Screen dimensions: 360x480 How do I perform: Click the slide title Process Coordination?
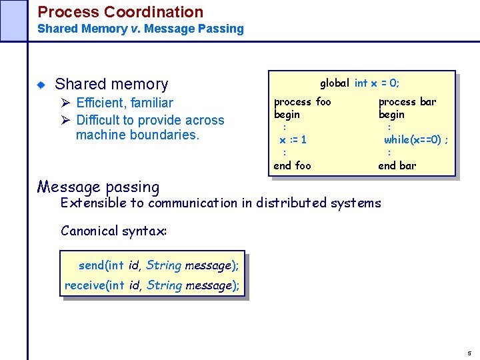click(120, 12)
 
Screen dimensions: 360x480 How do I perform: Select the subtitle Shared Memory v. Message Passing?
click(141, 29)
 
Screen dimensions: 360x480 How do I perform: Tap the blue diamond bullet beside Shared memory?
click(41, 85)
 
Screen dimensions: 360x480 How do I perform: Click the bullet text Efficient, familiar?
click(124, 103)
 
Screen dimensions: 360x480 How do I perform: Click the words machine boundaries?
click(137, 135)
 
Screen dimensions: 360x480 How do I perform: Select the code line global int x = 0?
click(359, 83)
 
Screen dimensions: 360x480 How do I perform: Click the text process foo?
click(302, 102)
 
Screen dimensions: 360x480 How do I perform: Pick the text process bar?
click(407, 102)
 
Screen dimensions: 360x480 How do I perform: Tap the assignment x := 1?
click(293, 140)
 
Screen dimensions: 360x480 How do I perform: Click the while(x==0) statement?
click(415, 140)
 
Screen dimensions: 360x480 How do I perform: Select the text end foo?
click(292, 165)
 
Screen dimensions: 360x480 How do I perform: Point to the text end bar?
click(397, 165)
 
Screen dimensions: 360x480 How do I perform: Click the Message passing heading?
click(98, 187)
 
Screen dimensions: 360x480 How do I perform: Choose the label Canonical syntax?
click(113, 231)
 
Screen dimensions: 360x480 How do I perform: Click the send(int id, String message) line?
click(158, 265)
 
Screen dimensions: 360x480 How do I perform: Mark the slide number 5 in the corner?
click(469, 353)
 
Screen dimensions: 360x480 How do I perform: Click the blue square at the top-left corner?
click(13, 20)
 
